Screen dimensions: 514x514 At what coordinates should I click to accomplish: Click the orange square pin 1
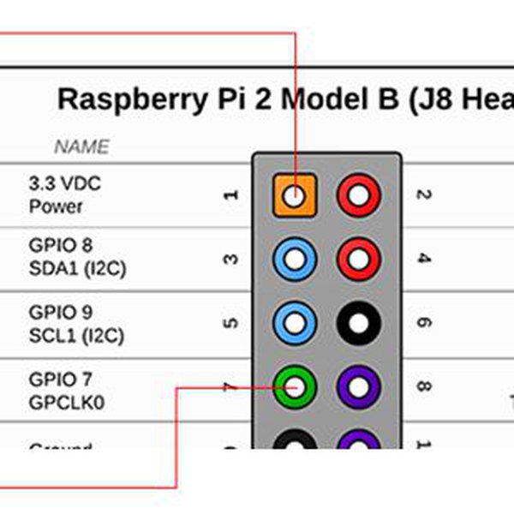click(295, 195)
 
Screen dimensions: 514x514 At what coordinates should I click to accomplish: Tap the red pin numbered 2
click(358, 195)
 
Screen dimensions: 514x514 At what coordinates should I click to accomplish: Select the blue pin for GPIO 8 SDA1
click(295, 259)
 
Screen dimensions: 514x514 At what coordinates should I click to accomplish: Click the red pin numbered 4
click(358, 259)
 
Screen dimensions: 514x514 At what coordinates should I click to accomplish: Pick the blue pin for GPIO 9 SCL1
click(295, 323)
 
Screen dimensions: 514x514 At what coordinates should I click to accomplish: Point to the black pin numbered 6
click(358, 323)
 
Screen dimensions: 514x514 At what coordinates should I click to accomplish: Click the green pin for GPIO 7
click(295, 387)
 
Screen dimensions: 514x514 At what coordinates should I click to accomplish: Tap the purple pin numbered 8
click(358, 387)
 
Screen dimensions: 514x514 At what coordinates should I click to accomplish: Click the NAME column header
click(82, 147)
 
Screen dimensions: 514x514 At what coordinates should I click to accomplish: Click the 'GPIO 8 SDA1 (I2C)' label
click(77, 258)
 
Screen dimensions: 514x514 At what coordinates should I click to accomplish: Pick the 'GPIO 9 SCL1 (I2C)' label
click(75, 324)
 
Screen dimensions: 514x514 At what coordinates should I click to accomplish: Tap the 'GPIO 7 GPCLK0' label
click(68, 390)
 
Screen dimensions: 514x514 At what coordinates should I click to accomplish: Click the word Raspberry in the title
click(131, 99)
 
